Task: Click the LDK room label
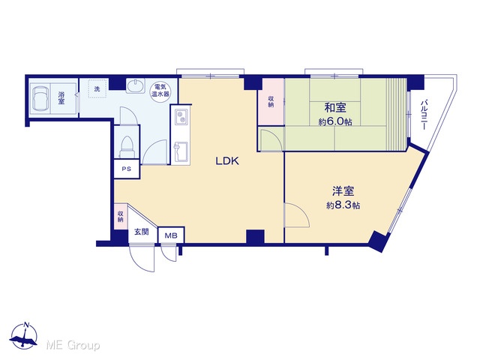click(227, 161)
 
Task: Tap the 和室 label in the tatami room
click(335, 108)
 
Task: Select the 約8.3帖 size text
click(343, 205)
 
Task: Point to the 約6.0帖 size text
click(335, 121)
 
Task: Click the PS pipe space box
click(127, 169)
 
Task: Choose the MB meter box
click(171, 235)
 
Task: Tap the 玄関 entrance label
click(142, 232)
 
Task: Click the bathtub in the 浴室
click(40, 98)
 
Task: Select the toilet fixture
click(127, 146)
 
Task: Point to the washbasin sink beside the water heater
click(136, 85)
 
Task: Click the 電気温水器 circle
click(160, 90)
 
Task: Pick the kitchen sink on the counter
click(181, 152)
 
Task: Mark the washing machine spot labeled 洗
click(97, 88)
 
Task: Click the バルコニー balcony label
click(424, 115)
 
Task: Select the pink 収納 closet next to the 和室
click(271, 102)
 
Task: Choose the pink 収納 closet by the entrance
click(121, 217)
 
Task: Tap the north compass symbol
click(24, 336)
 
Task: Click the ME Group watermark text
click(73, 345)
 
